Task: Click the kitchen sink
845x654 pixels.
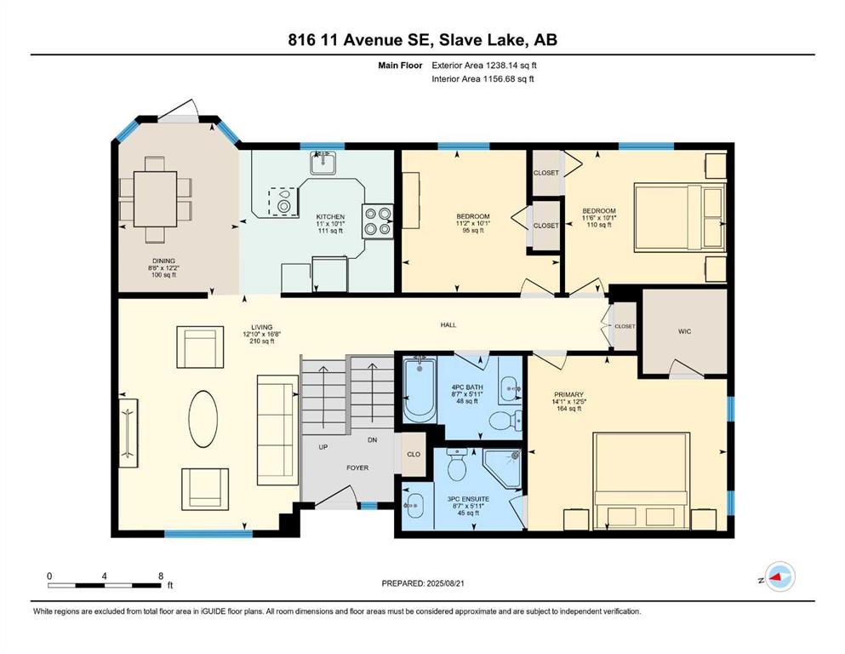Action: [323, 163]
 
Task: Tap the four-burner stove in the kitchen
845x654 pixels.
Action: [377, 221]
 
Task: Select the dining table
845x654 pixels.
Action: [155, 199]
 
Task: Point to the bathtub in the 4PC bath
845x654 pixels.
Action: [420, 392]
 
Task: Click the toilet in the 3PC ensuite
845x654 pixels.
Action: [458, 465]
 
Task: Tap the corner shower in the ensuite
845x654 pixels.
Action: [502, 470]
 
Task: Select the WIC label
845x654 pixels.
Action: [684, 331]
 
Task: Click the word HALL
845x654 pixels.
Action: [448, 324]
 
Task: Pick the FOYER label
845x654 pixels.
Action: [357, 468]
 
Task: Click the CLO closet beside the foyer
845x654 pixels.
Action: [414, 455]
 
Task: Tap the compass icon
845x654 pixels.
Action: [779, 577]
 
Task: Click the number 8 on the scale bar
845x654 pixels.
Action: [161, 576]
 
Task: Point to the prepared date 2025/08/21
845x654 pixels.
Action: [445, 583]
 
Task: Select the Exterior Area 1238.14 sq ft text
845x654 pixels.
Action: [484, 66]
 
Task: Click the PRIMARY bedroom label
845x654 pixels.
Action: [568, 394]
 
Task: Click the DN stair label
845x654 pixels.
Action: [373, 440]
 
